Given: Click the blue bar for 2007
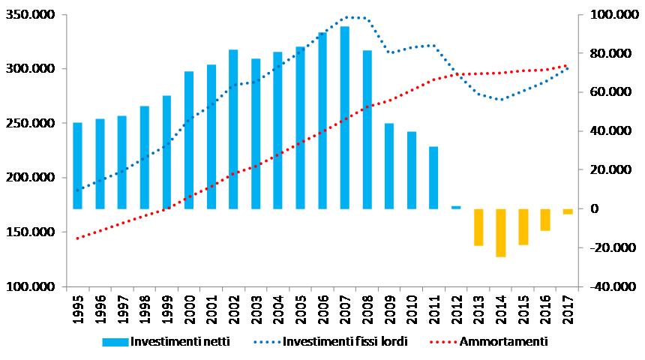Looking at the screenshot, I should [x=345, y=118].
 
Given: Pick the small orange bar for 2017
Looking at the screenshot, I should [x=568, y=211].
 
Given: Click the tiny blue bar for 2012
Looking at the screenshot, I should [x=456, y=207].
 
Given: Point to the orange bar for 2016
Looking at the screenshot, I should [x=545, y=220].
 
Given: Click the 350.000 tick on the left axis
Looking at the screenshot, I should [x=34, y=15].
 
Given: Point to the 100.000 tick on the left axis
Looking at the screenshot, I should [x=34, y=286].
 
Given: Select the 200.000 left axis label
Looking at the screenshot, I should [x=34, y=178].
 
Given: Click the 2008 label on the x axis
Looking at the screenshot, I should [x=367, y=308].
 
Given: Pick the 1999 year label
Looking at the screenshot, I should [x=167, y=308].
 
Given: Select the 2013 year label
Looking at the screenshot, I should [x=478, y=308].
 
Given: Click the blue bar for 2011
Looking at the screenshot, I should [x=433, y=178].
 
